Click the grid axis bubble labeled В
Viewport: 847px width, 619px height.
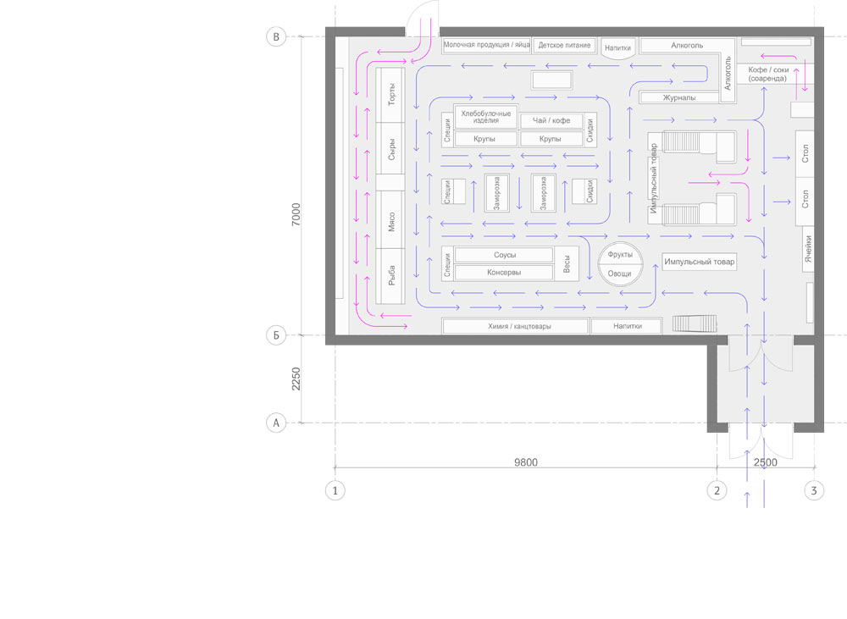point(276,36)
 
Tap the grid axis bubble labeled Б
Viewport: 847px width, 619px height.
point(276,334)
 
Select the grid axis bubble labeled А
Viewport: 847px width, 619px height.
point(276,423)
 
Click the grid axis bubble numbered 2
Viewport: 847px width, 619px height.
point(717,490)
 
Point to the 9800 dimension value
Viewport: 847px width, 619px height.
point(526,462)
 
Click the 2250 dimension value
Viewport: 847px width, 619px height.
point(296,379)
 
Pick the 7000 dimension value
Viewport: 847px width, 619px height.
point(296,214)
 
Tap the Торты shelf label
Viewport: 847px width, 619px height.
point(391,95)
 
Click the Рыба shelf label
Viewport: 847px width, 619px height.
point(391,275)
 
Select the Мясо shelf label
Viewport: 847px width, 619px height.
point(391,222)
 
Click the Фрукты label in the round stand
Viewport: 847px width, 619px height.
point(620,254)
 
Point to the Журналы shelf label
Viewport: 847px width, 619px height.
point(679,97)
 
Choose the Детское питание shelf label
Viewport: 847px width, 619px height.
point(564,46)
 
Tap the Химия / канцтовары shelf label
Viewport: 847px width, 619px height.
point(519,326)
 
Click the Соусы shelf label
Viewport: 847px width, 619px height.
point(505,255)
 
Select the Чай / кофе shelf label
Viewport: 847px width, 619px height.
point(551,120)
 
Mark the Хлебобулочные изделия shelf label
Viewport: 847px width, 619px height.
point(486,117)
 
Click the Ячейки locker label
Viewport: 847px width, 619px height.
point(808,248)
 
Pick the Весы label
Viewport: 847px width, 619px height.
point(567,264)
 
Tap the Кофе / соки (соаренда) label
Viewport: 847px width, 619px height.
point(768,74)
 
